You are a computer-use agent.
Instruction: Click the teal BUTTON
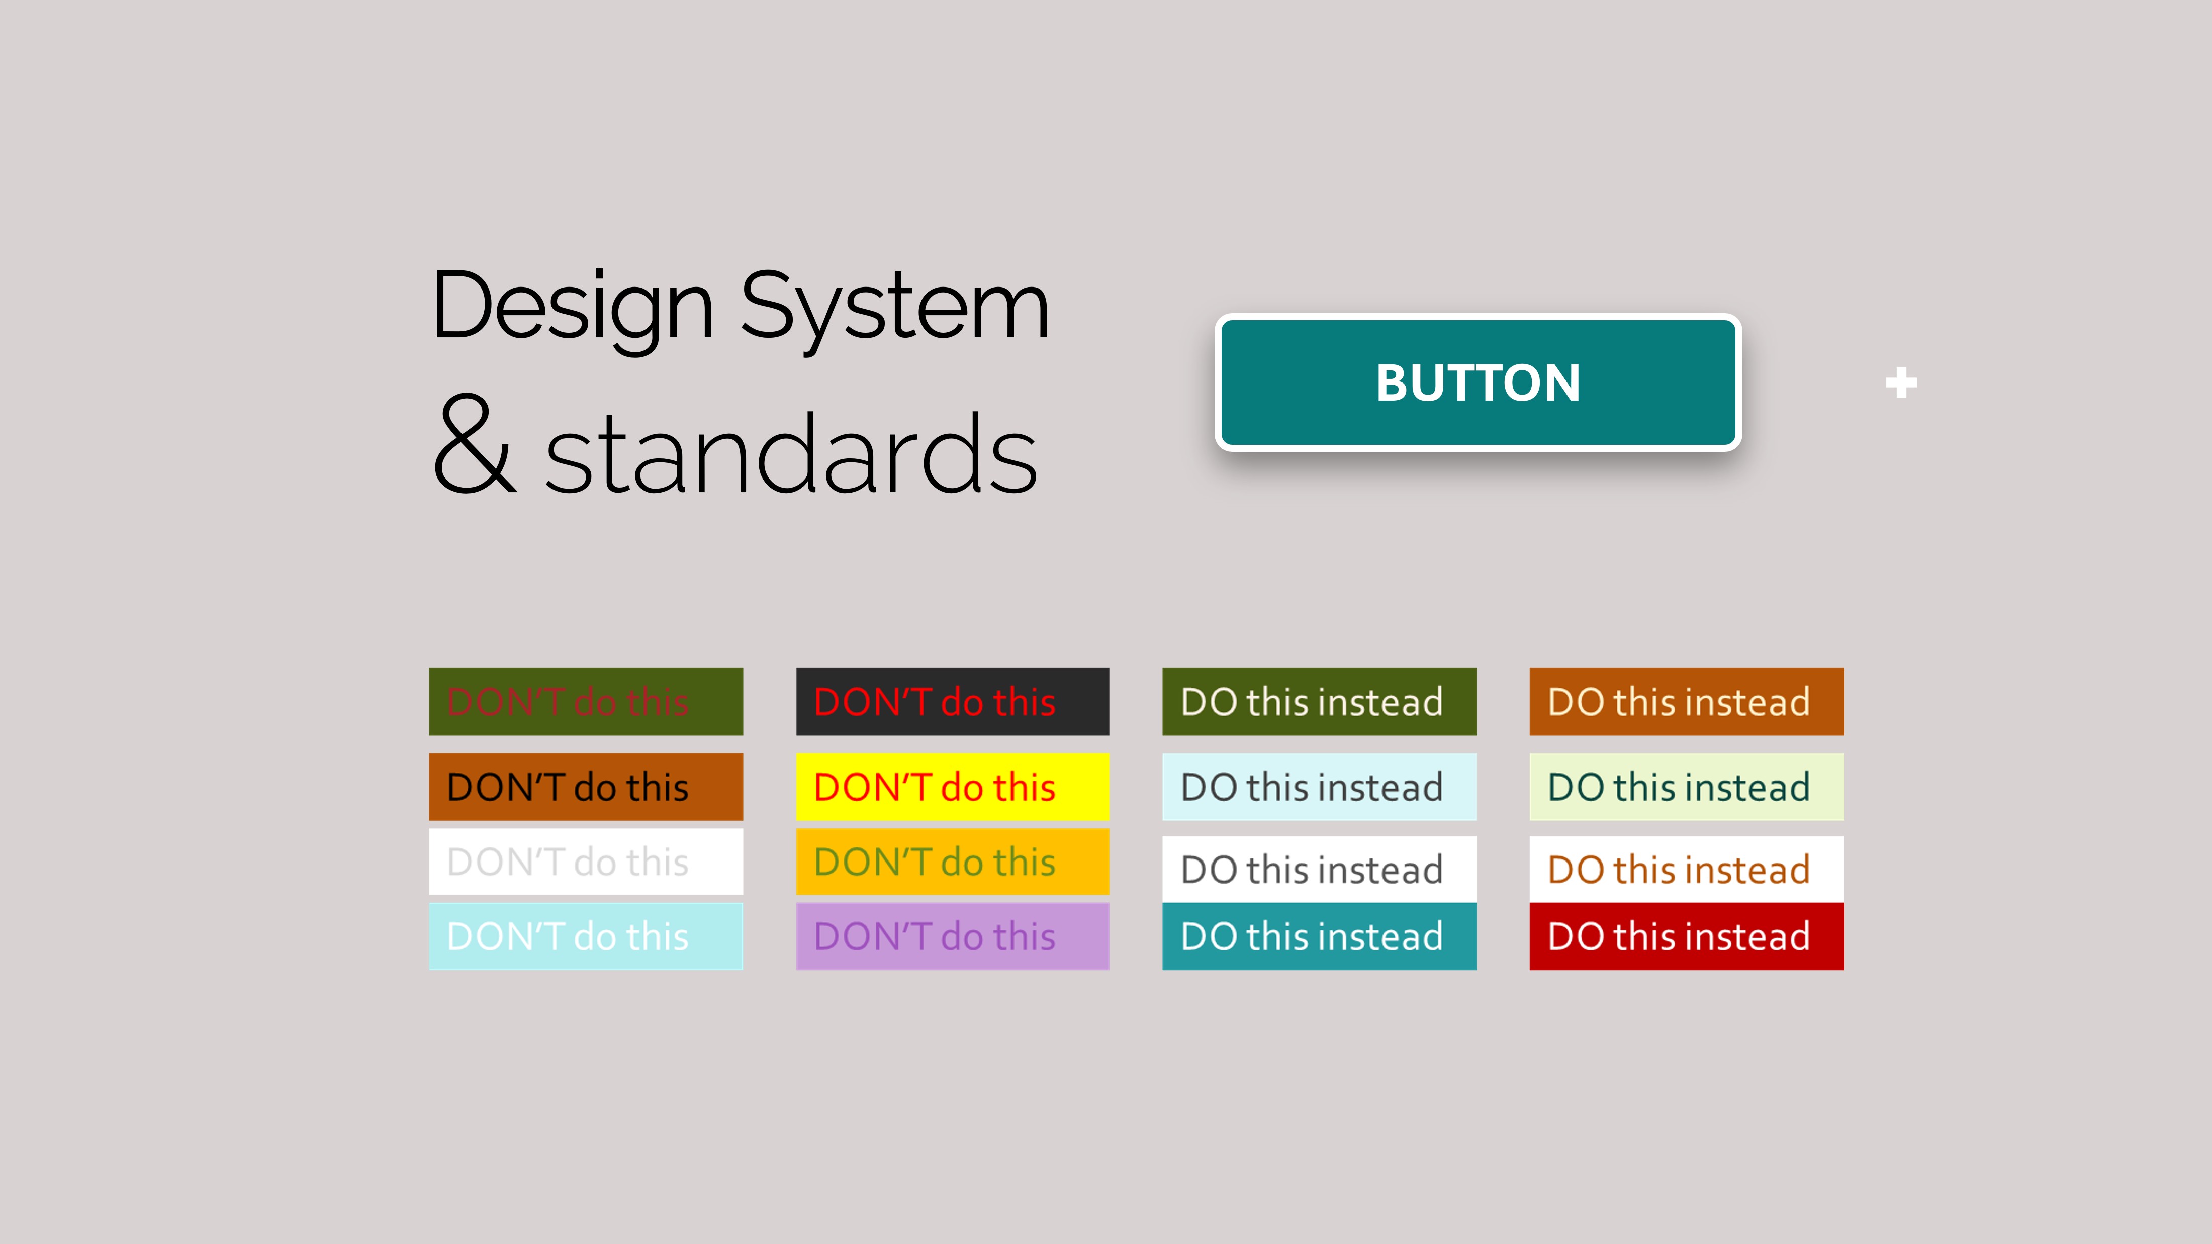click(1478, 382)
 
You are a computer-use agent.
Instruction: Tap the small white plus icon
click(1901, 383)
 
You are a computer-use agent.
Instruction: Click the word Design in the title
click(573, 307)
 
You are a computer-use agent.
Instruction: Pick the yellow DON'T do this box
click(952, 787)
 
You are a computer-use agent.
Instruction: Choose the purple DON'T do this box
click(952, 936)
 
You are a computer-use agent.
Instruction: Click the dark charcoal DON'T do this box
click(952, 701)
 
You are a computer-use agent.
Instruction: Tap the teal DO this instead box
click(1319, 936)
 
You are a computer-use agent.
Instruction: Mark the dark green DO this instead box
click(1319, 701)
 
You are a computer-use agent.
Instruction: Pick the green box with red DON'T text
click(586, 701)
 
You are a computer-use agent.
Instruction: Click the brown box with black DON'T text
click(586, 787)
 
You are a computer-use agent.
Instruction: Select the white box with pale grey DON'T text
click(586, 861)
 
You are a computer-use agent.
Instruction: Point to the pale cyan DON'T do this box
click(586, 936)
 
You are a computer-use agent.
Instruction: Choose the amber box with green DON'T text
click(952, 861)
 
